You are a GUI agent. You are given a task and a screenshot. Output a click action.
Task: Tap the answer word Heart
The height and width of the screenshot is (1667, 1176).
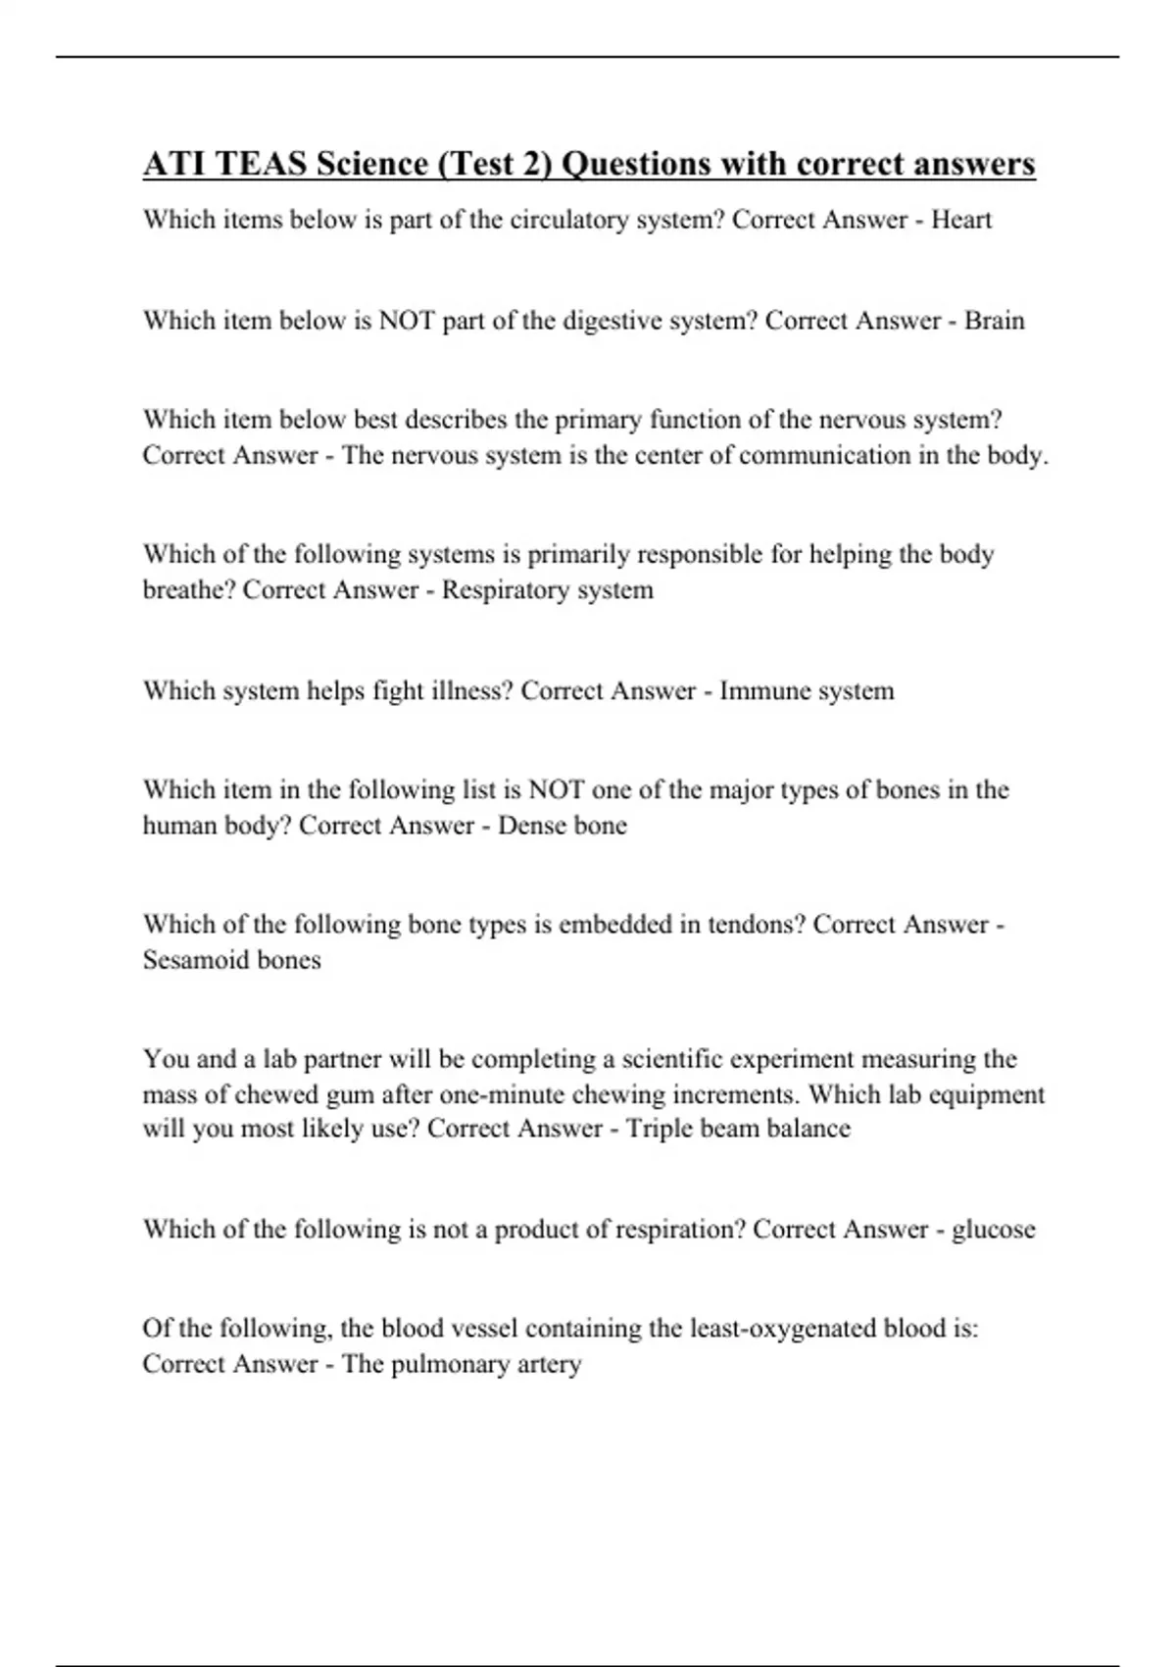960,220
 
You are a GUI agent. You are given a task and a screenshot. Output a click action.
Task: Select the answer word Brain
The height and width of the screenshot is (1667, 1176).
994,321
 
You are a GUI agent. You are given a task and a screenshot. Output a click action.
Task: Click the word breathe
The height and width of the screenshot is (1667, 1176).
188,590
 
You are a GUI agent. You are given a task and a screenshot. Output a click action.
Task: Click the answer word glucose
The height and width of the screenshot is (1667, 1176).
993,1230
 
